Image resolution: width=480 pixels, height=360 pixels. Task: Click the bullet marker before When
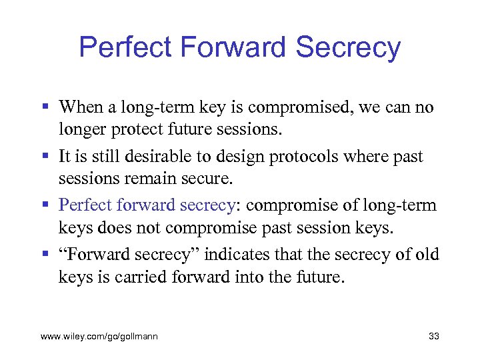(45, 107)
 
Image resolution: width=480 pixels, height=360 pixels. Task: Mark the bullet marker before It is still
(45, 156)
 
